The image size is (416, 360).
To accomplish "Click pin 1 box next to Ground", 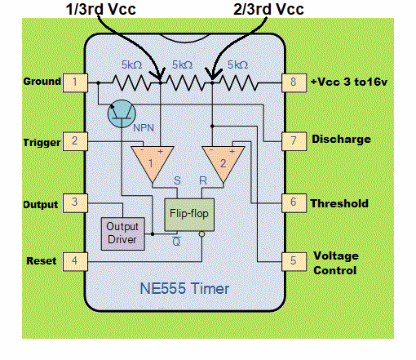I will click(x=76, y=82).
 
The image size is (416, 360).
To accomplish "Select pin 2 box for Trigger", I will click(x=76, y=141).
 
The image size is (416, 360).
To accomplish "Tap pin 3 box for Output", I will click(x=76, y=202).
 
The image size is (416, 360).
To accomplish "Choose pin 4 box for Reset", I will click(x=76, y=261).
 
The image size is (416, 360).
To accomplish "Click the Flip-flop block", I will click(x=187, y=213).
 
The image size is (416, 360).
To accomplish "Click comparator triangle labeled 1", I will click(x=151, y=161).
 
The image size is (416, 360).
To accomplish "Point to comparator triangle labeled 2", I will click(x=222, y=161).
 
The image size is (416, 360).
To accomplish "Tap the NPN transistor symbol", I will click(x=123, y=116).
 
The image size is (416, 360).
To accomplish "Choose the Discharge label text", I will click(x=341, y=140).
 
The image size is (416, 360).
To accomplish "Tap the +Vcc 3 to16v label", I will click(x=351, y=82).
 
